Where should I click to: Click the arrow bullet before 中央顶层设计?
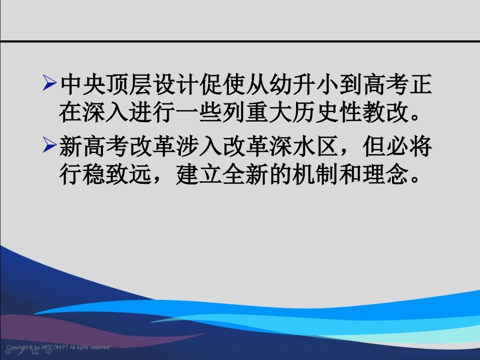click(x=49, y=83)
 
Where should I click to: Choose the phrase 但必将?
click(x=397, y=147)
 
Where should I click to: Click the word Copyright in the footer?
click(x=17, y=347)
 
